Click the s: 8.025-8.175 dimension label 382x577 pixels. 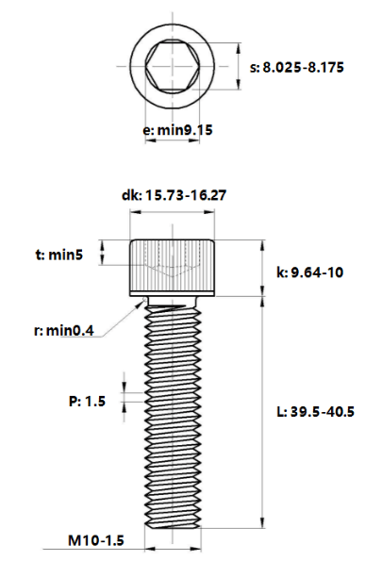296,67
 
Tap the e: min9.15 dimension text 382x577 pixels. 177,130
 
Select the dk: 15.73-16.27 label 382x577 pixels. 174,195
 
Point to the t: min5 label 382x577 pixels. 59,255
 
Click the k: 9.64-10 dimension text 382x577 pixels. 310,272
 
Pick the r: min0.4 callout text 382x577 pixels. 64,330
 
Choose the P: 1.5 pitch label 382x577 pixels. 87,401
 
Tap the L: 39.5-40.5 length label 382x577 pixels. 315,411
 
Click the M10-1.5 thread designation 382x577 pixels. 96,540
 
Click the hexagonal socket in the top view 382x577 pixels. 173,66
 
